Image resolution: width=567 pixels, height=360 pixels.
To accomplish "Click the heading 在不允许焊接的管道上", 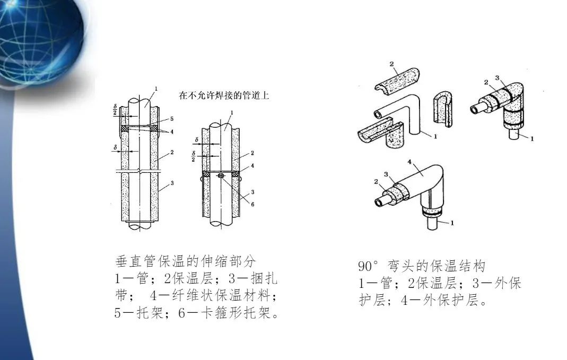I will [225, 96].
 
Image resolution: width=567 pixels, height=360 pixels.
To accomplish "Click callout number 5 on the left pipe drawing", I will [171, 119].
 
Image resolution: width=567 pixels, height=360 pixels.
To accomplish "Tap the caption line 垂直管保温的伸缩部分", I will [186, 261].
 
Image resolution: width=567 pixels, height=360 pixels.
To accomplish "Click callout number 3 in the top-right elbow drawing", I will [497, 78].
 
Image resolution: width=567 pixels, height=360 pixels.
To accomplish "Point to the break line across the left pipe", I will [139, 171].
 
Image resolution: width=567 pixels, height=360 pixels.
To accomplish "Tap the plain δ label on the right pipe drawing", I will [196, 141].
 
